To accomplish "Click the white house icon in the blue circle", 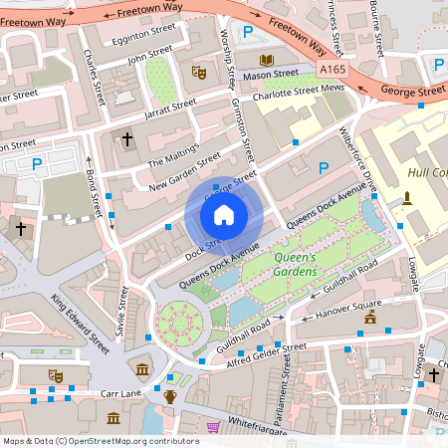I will click(224, 214).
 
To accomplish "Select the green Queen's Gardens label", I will click(294, 266).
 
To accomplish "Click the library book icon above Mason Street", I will click(266, 61).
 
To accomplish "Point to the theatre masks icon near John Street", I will click(198, 73).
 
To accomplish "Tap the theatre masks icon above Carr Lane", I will click(56, 375).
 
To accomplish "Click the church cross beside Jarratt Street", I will click(126, 138).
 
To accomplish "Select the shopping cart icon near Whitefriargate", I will click(212, 426).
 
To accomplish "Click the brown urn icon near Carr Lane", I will click(170, 396).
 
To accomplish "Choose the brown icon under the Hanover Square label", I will click(370, 318).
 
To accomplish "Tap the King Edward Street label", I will click(82, 323).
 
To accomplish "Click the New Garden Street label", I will click(184, 171).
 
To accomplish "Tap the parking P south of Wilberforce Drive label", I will click(323, 168).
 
